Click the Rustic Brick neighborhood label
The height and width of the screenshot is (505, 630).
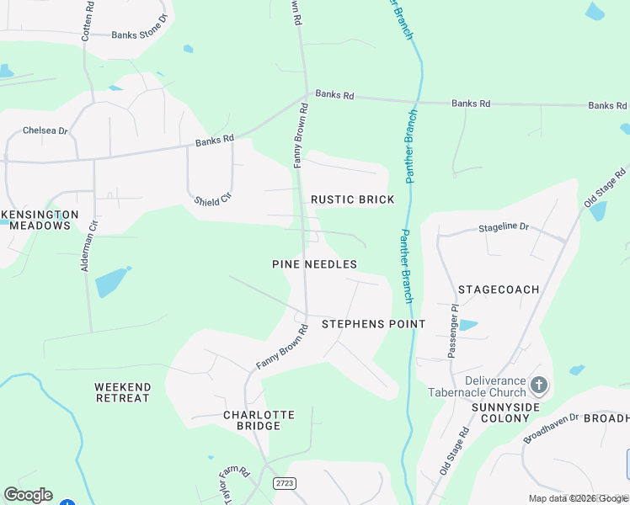(352, 199)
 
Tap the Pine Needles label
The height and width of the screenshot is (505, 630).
(314, 264)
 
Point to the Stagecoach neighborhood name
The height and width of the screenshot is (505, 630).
(499, 290)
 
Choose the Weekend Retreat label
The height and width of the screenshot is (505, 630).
(123, 392)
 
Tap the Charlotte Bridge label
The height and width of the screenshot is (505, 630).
(259, 420)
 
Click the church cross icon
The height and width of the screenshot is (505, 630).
(539, 386)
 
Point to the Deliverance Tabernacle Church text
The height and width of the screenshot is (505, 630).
(476, 386)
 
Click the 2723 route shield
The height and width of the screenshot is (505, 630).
(285, 483)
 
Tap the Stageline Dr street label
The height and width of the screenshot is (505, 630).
(504, 227)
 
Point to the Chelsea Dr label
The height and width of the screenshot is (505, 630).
(45, 130)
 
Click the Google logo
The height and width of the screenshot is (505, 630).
(28, 495)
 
